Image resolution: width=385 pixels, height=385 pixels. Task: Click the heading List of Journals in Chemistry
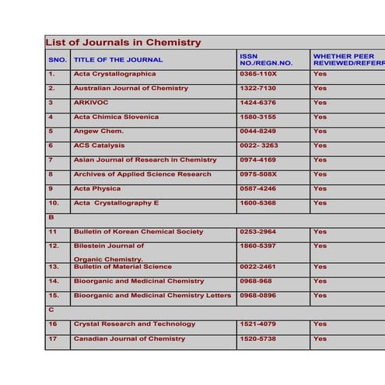tap(123, 43)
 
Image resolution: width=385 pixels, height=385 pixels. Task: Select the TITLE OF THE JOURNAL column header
tap(118, 60)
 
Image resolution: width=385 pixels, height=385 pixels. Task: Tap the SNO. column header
tap(58, 60)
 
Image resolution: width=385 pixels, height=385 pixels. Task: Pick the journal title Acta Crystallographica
tap(114, 74)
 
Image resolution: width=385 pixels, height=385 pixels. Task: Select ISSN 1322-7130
tap(257, 89)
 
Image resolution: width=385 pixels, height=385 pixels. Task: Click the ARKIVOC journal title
tap(91, 103)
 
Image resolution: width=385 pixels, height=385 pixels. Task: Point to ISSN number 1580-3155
tap(257, 117)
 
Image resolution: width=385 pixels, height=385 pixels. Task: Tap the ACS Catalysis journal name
tap(99, 145)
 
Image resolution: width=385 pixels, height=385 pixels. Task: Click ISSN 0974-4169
tap(257, 160)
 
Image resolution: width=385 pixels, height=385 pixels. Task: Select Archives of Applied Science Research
tap(142, 174)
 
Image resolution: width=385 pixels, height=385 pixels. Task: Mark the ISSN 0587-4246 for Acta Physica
tap(257, 189)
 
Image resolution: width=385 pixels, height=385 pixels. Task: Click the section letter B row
tap(51, 218)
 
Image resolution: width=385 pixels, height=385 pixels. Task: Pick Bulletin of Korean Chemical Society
tap(138, 232)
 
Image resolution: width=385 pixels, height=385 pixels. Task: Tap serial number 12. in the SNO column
tap(54, 246)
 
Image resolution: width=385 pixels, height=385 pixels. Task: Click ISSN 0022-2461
tap(257, 267)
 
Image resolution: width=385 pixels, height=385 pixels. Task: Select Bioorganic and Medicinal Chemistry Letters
tap(152, 296)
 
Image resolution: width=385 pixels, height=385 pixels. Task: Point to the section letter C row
tap(51, 310)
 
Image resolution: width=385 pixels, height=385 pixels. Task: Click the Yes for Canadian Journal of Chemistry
tap(320, 339)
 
